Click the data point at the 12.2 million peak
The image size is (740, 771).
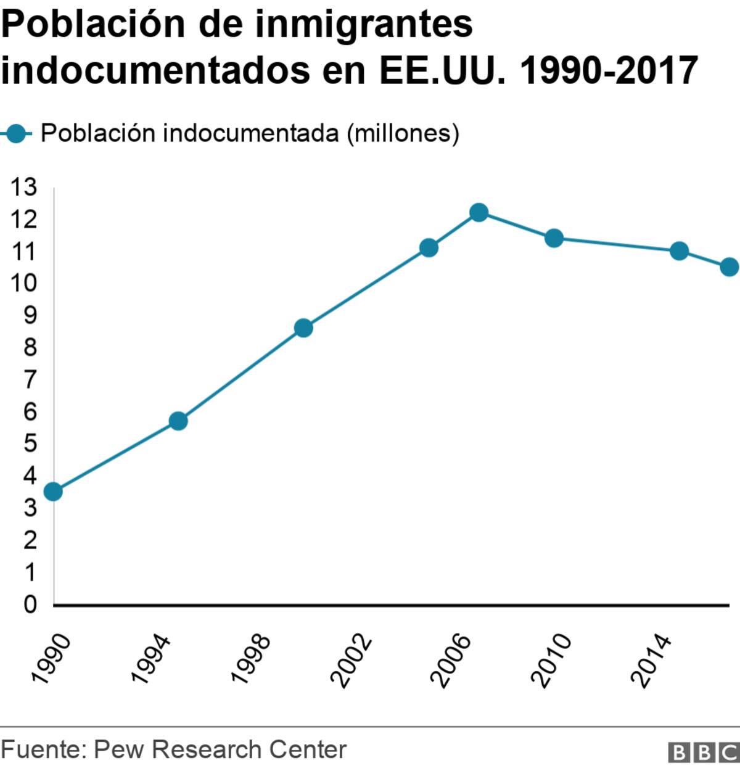[479, 213]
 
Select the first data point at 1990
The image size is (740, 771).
[53, 492]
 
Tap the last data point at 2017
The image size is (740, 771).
[729, 267]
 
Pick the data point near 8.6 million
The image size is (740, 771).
[303, 328]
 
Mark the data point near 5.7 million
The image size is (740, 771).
[178, 421]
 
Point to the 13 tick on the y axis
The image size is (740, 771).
[23, 187]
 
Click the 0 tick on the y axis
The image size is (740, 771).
[30, 604]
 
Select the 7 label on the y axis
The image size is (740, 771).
[30, 379]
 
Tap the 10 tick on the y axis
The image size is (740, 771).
[23, 283]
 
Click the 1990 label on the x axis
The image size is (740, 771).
[52, 659]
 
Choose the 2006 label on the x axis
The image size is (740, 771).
[451, 659]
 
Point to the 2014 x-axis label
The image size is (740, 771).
[651, 659]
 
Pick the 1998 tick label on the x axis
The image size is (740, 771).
[252, 659]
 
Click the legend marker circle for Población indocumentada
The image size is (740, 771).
[18, 133]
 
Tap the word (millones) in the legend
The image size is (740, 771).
[403, 133]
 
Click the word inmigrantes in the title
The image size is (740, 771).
[363, 24]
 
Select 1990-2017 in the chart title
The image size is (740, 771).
[609, 70]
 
